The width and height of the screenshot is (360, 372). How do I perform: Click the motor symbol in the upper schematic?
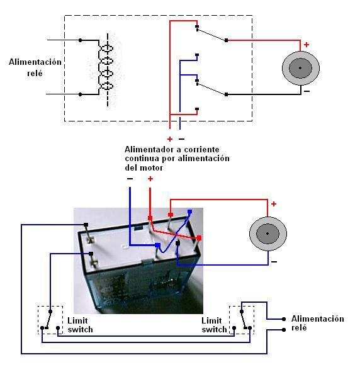[x=300, y=68]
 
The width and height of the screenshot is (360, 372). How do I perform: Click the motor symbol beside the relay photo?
[x=268, y=234]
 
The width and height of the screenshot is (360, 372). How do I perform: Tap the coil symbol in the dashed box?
[x=106, y=67]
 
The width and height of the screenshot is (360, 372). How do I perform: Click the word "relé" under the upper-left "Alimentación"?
[x=35, y=73]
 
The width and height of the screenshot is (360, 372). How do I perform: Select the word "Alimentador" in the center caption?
[x=148, y=149]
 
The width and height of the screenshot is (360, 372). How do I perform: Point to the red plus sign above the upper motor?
[x=307, y=45]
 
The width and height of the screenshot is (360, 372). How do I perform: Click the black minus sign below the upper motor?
[x=307, y=91]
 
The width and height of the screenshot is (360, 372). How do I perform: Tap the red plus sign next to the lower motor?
[x=274, y=204]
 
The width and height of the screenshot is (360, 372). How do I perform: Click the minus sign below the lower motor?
[x=274, y=262]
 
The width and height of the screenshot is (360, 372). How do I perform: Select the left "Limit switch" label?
[x=80, y=325]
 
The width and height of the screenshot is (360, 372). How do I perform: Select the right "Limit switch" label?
[x=214, y=325]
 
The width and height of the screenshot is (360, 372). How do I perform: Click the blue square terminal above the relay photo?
[x=189, y=211]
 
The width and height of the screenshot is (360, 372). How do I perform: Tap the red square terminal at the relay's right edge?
[x=200, y=238]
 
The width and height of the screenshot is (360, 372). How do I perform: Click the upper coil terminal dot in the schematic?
[x=81, y=40]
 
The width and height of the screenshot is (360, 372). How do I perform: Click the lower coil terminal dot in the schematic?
[x=81, y=94]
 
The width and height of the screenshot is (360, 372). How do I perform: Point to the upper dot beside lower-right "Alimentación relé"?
[x=284, y=319]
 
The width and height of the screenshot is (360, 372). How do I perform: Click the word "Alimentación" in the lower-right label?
[x=318, y=318]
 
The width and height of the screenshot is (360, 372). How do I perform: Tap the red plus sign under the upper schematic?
[x=170, y=139]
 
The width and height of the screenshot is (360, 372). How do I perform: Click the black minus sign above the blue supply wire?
[x=130, y=179]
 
